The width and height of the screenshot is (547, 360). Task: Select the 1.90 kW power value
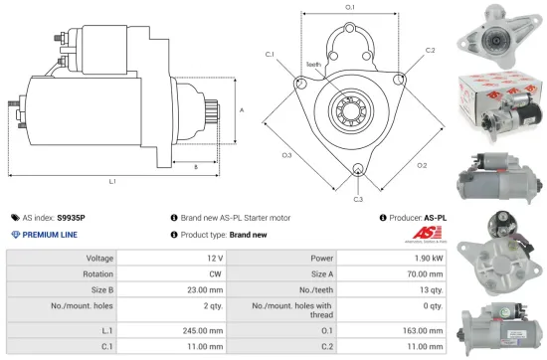click(x=422, y=259)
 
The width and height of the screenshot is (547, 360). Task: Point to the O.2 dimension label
click(x=422, y=165)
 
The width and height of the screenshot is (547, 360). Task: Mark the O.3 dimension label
click(x=286, y=155)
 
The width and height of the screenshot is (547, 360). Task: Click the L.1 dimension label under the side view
click(x=112, y=182)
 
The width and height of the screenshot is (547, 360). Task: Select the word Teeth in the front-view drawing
click(x=313, y=63)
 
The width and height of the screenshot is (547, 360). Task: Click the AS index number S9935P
click(x=71, y=217)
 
